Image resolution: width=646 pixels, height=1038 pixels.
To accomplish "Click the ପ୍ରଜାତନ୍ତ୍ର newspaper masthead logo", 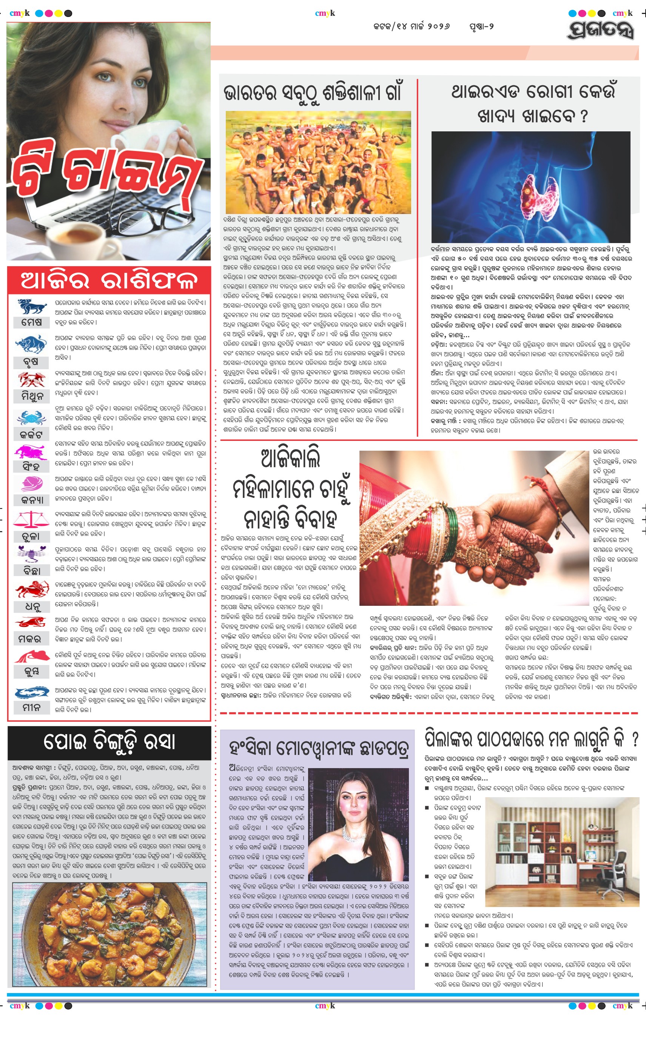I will pyautogui.click(x=600, y=29).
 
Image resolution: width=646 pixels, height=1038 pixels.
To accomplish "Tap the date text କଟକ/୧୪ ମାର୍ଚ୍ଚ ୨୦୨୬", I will pyautogui.click(x=412, y=26).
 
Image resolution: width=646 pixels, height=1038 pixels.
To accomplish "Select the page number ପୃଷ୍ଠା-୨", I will pyautogui.click(x=481, y=26).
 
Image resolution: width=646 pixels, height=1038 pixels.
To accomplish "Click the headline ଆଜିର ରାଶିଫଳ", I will pyautogui.click(x=109, y=280).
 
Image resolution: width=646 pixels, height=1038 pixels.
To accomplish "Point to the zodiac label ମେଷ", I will pyautogui.click(x=32, y=322).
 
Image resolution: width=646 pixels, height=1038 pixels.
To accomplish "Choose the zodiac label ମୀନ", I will pyautogui.click(x=31, y=707).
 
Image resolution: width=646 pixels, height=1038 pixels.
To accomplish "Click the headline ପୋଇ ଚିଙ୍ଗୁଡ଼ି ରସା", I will pyautogui.click(x=109, y=742).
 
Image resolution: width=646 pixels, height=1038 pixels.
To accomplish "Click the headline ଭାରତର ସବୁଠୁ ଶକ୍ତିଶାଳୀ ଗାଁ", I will pyautogui.click(x=312, y=93).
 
